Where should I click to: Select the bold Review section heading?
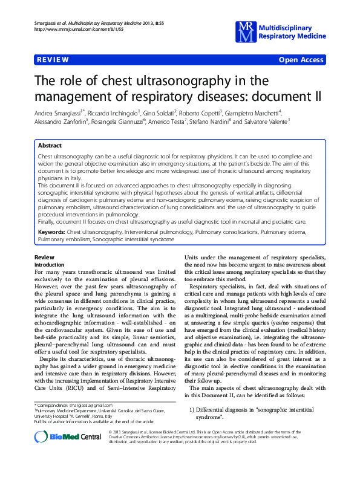[45, 258]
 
